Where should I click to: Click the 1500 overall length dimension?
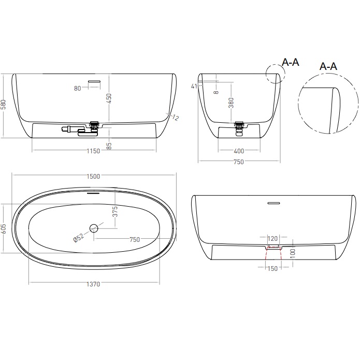pyautogui.click(x=93, y=176)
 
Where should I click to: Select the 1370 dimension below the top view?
pyautogui.click(x=93, y=284)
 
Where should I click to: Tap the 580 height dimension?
pyautogui.click(x=4, y=105)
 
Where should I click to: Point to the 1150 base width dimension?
pyautogui.click(x=93, y=151)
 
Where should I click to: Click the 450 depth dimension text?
pyautogui.click(x=109, y=98)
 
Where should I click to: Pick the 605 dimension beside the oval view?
pyautogui.click(x=4, y=228)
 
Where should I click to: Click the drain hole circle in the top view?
pyautogui.click(x=94, y=227)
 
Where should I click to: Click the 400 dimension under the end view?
pyautogui.click(x=238, y=151)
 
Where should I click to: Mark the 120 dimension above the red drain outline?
pyautogui.click(x=272, y=239)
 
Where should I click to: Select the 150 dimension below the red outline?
pyautogui.click(x=272, y=268)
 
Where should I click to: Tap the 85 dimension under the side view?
pyautogui.click(x=109, y=147)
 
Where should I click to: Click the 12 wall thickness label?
pyautogui.click(x=175, y=118)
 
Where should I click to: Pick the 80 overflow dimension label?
pyautogui.click(x=78, y=88)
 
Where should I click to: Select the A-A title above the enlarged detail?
pyautogui.click(x=328, y=66)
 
